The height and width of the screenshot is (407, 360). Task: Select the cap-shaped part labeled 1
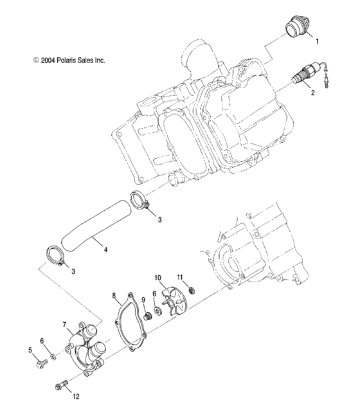tap(294, 31)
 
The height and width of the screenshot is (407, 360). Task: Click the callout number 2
tap(313, 93)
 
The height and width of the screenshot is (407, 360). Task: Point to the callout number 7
tap(65, 325)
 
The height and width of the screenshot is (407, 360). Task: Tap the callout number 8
tap(114, 296)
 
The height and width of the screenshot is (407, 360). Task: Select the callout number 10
tap(157, 277)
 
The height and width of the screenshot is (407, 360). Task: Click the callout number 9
tap(143, 300)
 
